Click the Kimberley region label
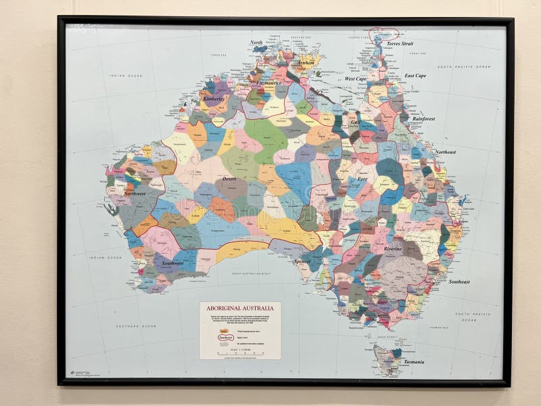pos(213,99)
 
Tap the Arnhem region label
pos(306,62)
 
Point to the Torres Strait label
pos(400,43)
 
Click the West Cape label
pos(355,78)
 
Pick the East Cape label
pos(415,76)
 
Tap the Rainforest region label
pos(423,118)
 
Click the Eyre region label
pos(362,179)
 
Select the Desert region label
pos(229,179)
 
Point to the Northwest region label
pos(135,194)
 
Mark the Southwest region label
pos(172,263)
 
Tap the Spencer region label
pos(302,261)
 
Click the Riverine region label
pos(393,249)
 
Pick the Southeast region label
pos(459,281)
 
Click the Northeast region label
pos(445,152)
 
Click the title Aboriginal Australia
pos(239,307)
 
